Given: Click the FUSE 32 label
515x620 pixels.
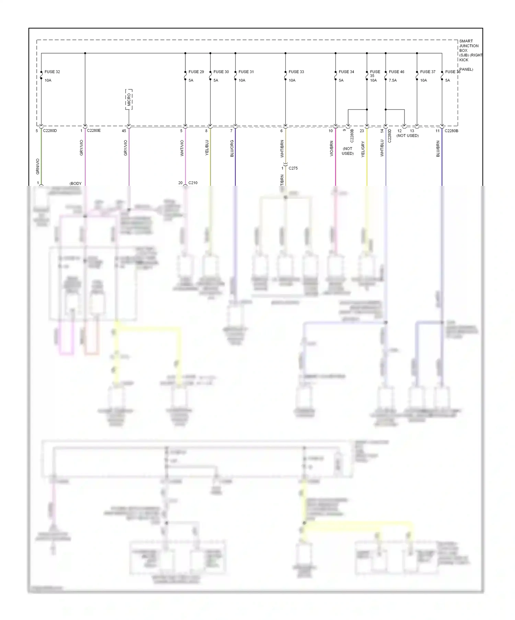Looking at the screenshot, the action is (x=52, y=72).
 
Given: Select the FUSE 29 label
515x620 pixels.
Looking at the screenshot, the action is (x=196, y=72).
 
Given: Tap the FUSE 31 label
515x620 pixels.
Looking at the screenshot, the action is (x=246, y=72).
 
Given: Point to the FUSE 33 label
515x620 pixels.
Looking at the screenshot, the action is (x=296, y=72).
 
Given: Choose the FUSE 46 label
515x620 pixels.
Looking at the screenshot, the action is (x=397, y=72).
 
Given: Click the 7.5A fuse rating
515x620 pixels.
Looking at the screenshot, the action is (x=393, y=80).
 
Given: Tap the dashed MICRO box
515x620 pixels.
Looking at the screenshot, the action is (x=129, y=99).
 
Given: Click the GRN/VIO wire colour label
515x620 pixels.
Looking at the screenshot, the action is (x=38, y=166).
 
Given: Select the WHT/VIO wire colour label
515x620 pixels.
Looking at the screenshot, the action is (x=182, y=148).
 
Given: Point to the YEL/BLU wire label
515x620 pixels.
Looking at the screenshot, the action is (x=207, y=148).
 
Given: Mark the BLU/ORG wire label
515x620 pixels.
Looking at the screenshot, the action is (x=232, y=148).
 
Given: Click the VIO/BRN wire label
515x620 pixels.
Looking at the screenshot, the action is (x=332, y=148).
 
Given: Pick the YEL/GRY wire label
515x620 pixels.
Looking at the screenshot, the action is (x=363, y=149).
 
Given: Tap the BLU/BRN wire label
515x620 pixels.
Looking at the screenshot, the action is (x=438, y=149).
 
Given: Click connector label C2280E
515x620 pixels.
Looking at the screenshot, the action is (x=94, y=131).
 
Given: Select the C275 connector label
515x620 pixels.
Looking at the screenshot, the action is (x=293, y=168).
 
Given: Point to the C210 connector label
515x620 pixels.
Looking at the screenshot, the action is (x=193, y=183).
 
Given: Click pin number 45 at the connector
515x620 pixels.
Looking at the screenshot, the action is (x=124, y=131).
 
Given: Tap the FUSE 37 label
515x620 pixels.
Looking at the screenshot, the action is (x=428, y=72).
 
